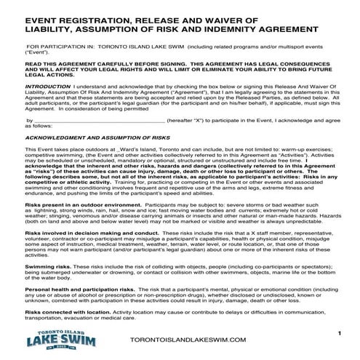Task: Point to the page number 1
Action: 339,332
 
